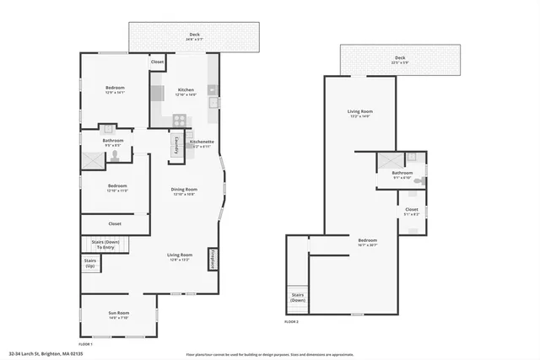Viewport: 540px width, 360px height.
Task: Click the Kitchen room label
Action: tap(186, 90)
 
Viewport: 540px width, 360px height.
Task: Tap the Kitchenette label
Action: tap(201, 143)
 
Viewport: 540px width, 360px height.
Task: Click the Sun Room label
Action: tap(117, 314)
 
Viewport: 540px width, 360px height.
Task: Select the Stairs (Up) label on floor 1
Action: tap(90, 263)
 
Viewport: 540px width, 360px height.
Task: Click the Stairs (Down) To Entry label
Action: tap(105, 245)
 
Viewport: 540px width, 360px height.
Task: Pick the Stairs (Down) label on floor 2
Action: tap(298, 298)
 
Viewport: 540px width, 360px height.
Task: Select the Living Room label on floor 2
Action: tap(360, 113)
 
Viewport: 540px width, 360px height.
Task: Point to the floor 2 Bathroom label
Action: tap(402, 175)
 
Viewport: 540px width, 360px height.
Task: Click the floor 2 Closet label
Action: tap(411, 211)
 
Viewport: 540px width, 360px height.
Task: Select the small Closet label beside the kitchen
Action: tap(157, 62)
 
